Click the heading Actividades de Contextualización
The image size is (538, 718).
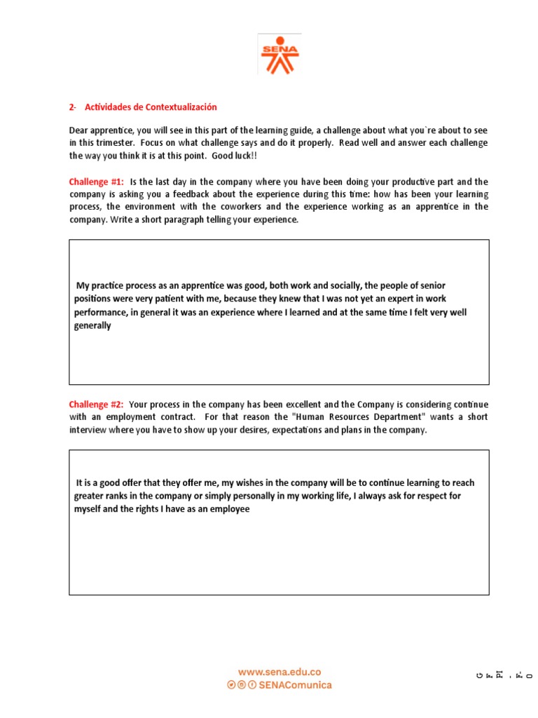point(151,107)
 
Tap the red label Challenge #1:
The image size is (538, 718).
point(96,182)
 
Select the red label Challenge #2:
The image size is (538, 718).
point(96,405)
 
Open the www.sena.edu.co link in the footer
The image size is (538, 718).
point(280,671)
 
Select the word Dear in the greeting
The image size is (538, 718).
point(79,130)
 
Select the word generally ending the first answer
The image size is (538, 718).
point(92,325)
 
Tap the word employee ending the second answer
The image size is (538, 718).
point(230,509)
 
